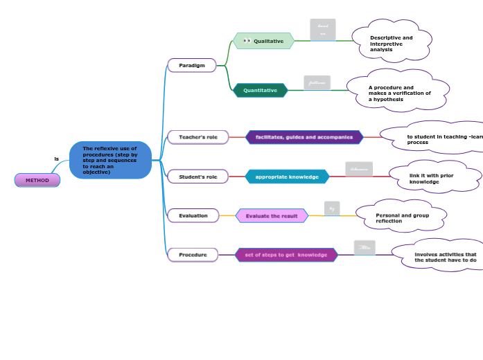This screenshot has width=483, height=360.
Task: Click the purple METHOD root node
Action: [x=37, y=181]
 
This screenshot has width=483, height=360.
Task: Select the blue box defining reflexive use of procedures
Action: [x=110, y=160]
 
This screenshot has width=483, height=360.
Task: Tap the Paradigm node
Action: [x=192, y=65]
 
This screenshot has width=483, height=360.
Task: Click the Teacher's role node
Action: [x=197, y=137]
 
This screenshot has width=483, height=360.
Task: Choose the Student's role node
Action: [x=197, y=177]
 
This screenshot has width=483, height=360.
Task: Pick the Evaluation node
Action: [x=193, y=215]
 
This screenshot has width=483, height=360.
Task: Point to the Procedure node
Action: [x=193, y=255]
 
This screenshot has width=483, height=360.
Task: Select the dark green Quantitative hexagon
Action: [x=260, y=90]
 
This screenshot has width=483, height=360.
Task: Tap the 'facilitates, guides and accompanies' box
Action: [x=304, y=137]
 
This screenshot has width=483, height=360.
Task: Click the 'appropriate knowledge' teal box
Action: [x=287, y=177]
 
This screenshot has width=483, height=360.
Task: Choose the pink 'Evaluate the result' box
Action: [x=272, y=215]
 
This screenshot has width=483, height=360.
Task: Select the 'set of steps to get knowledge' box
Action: [x=286, y=255]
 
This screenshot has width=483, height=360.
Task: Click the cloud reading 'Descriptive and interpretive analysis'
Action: [x=392, y=43]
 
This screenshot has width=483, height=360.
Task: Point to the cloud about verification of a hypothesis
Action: [x=398, y=93]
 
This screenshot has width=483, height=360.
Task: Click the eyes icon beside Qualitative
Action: [x=247, y=41]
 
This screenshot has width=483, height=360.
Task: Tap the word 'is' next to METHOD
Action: [x=57, y=159]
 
